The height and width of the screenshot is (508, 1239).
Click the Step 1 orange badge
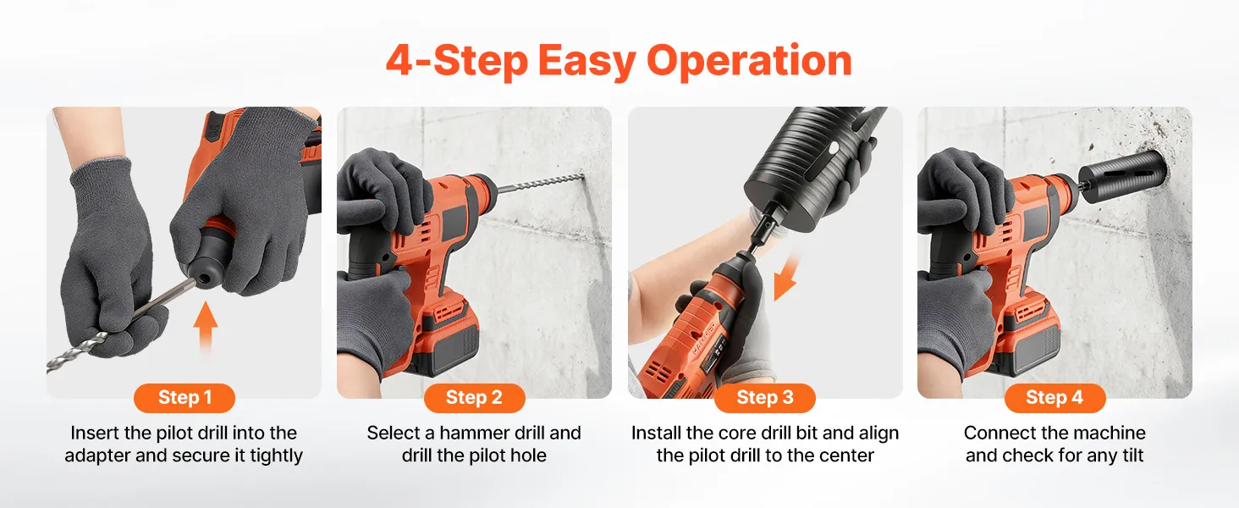pos(184,398)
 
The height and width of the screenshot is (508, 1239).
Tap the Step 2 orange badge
pos(475,398)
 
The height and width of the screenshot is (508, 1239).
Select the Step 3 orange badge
pos(765,398)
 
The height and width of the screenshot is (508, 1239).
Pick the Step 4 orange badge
pos(1055,398)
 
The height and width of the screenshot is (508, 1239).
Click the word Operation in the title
pos(749,62)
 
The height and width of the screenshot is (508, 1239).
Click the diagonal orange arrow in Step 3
pos(785,278)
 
